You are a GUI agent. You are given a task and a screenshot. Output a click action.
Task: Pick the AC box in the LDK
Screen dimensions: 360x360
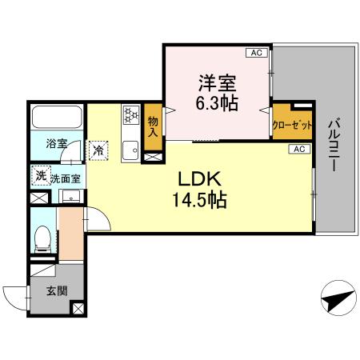(x=298, y=149)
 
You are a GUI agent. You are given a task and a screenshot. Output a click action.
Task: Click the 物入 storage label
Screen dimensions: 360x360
(x=153, y=126)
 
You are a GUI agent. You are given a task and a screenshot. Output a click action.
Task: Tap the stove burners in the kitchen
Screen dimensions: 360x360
(x=130, y=116)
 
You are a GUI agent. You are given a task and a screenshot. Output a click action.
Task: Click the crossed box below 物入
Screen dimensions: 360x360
(x=152, y=156)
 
